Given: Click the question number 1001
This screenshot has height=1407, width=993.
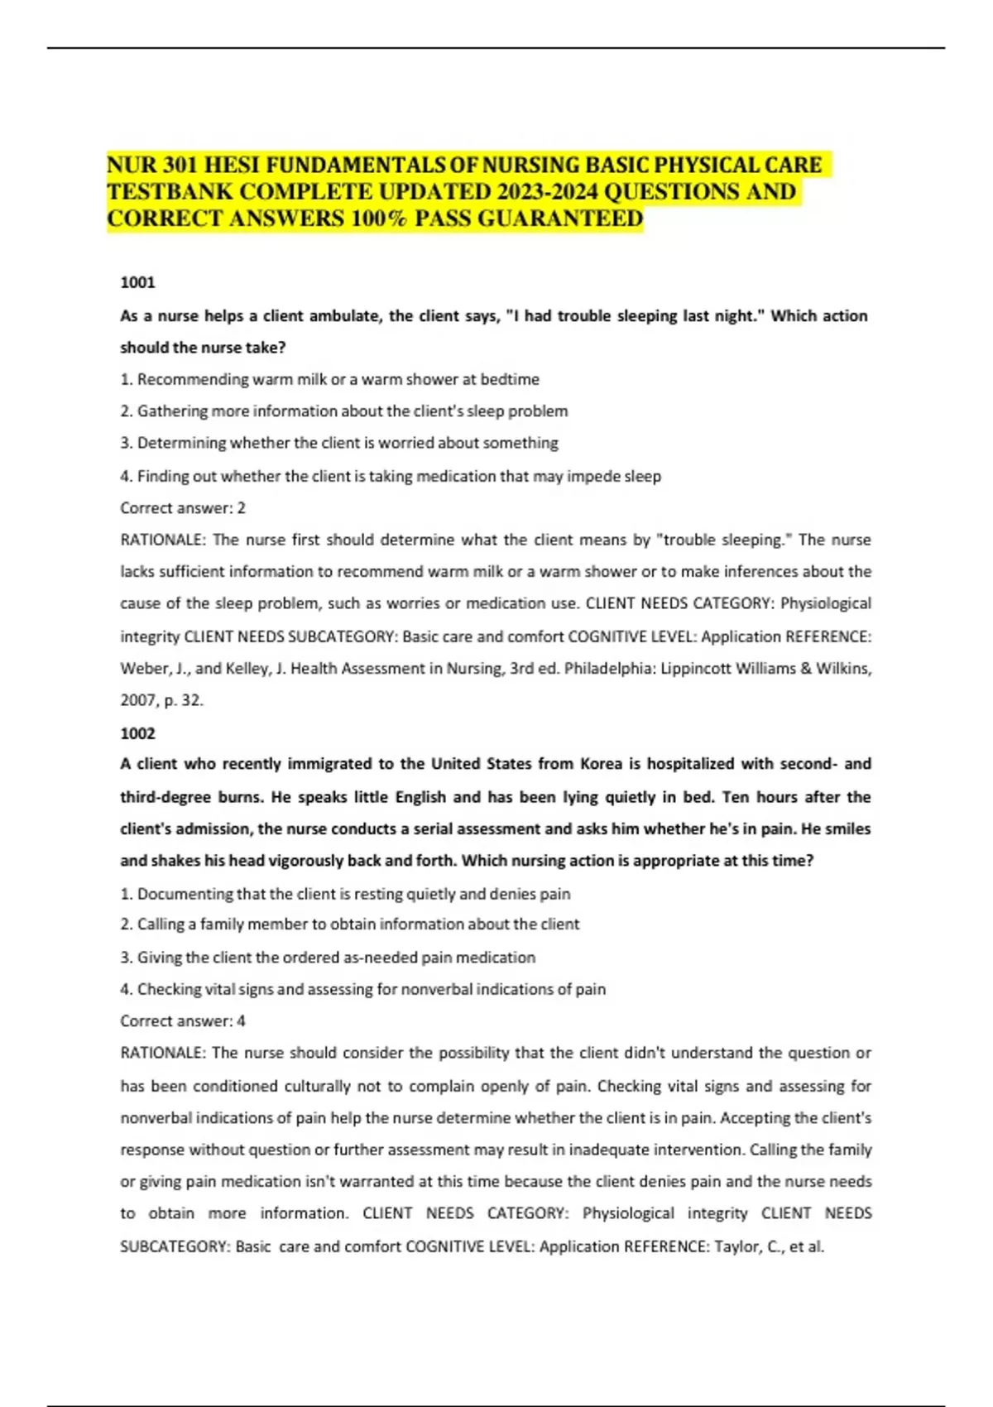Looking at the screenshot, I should [x=137, y=282].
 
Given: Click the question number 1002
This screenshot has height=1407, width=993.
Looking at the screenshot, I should [x=137, y=733].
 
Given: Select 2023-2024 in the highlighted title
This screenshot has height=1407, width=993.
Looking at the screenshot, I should [x=547, y=191].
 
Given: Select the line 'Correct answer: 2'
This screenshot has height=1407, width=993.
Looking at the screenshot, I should [x=183, y=508].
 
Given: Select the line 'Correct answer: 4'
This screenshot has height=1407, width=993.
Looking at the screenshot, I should [x=183, y=1020].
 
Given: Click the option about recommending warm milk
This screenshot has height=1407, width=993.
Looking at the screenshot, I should [x=329, y=379].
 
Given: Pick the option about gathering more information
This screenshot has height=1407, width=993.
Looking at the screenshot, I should [x=344, y=411].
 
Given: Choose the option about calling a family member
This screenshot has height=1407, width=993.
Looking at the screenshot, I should [x=349, y=924].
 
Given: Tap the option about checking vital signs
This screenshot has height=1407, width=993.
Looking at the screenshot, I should [x=362, y=989].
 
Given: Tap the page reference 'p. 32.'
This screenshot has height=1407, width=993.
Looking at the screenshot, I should [x=184, y=700].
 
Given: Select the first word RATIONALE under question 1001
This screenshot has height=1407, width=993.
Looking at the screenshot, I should [x=162, y=540].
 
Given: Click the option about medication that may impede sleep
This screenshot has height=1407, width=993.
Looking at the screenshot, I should [x=391, y=476].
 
